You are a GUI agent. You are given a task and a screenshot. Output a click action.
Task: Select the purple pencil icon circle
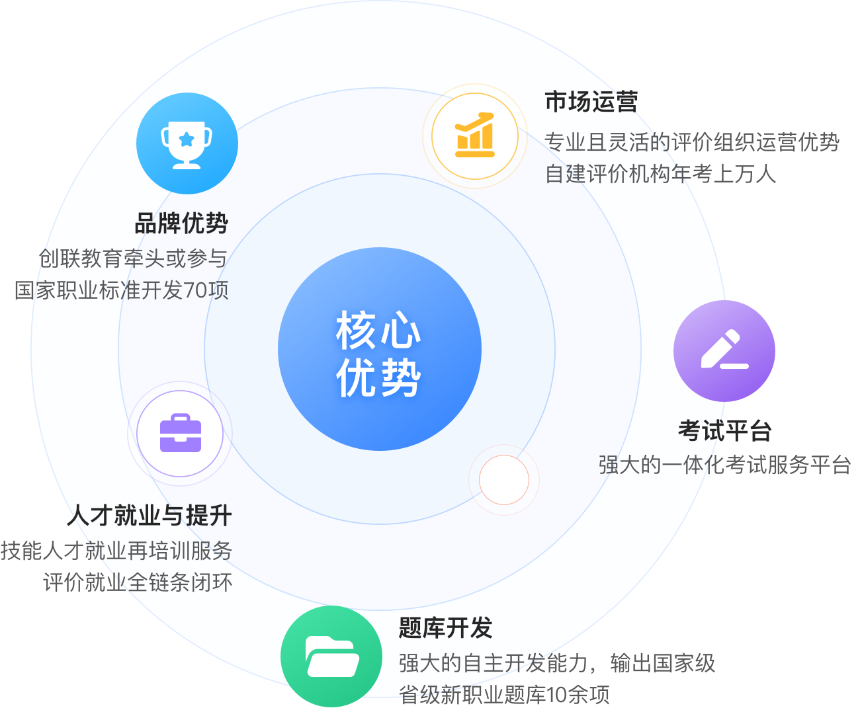pyautogui.click(x=724, y=350)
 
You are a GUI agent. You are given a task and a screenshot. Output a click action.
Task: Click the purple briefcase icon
pyautogui.click(x=180, y=434)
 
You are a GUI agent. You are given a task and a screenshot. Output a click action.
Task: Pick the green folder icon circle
pyautogui.click(x=331, y=656)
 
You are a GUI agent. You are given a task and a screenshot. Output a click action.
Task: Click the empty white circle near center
pyautogui.click(x=504, y=480)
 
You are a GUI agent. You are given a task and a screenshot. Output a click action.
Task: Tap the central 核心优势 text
pyautogui.click(x=378, y=354)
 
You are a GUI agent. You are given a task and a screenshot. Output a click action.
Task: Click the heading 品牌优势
pyautogui.click(x=181, y=224)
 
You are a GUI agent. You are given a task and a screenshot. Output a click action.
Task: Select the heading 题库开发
pyautogui.click(x=445, y=628)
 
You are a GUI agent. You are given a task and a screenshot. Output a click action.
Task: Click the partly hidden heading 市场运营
pyautogui.click(x=589, y=102)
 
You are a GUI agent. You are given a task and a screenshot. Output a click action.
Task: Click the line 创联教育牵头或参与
pyautogui.click(x=132, y=259)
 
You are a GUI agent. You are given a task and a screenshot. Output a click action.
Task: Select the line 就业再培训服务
pyautogui.click(x=159, y=551)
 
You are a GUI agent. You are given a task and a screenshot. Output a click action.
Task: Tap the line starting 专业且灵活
pyautogui.click(x=602, y=142)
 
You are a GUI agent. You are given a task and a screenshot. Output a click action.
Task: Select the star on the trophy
pyautogui.click(x=187, y=139)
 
